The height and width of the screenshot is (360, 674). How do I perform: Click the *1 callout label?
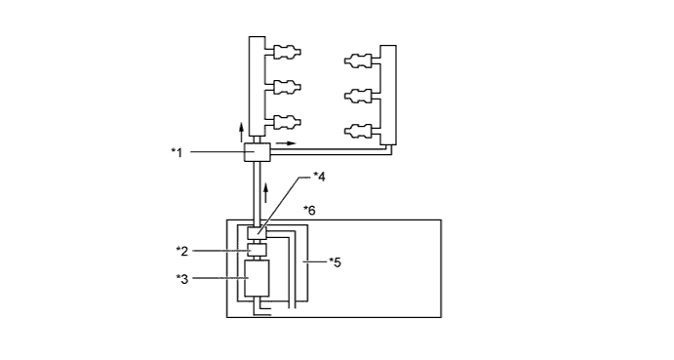pyautogui.click(x=178, y=152)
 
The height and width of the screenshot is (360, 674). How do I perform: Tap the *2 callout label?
pyautogui.click(x=182, y=251)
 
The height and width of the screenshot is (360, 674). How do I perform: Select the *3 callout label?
pyautogui.click(x=182, y=279)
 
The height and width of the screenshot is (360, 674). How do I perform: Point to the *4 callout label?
pyautogui.click(x=319, y=177)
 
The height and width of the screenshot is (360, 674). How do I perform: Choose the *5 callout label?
pyautogui.click(x=335, y=261)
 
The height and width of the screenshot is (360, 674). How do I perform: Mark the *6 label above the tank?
pyautogui.click(x=309, y=211)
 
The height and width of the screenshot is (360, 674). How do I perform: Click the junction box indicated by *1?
pyautogui.click(x=258, y=152)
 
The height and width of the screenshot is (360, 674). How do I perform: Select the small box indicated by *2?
pyautogui.click(x=258, y=250)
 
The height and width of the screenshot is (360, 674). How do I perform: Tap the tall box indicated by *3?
pyautogui.click(x=257, y=278)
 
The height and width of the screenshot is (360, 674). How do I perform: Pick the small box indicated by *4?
pyautogui.click(x=258, y=233)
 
